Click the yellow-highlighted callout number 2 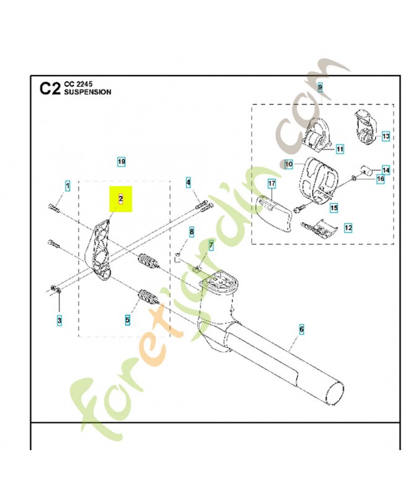click(121, 199)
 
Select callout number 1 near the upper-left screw click(68, 185)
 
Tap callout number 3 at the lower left click(59, 320)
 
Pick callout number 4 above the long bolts click(188, 182)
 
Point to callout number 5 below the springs click(127, 320)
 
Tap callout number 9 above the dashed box click(320, 87)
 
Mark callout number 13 click(385, 136)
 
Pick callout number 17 click(271, 184)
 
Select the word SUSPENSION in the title click(88, 92)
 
